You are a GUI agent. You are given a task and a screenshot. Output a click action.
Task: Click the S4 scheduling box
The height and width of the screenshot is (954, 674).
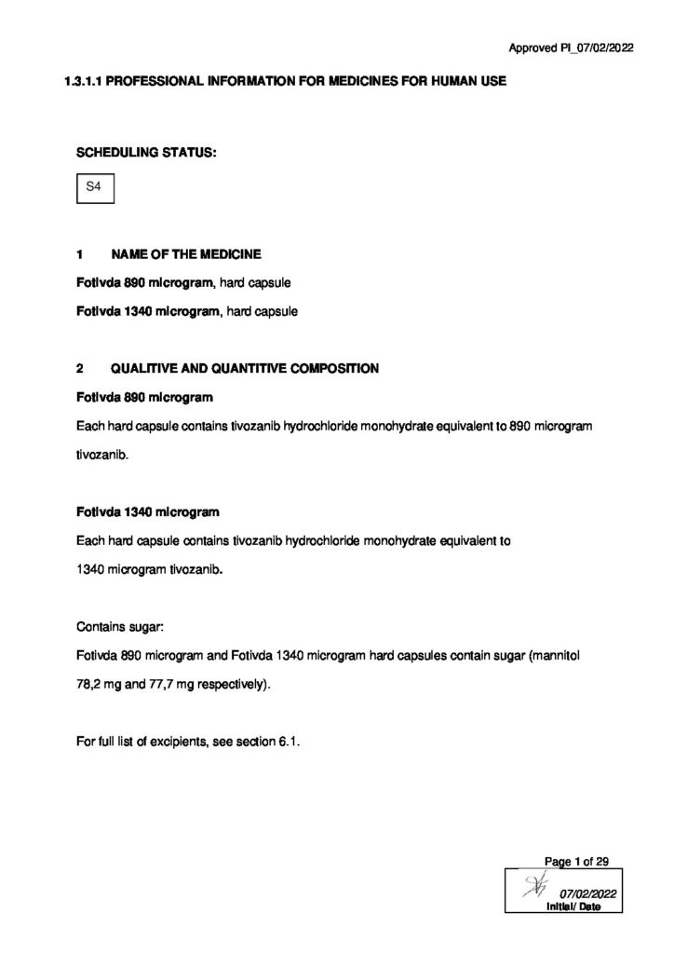[x=93, y=187]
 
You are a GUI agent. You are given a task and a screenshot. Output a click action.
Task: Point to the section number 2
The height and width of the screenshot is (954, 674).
[x=79, y=368]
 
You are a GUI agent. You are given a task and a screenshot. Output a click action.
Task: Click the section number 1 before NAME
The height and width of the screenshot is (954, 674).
[x=79, y=253]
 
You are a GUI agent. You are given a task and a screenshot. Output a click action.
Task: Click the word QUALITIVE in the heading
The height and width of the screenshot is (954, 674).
[x=148, y=368]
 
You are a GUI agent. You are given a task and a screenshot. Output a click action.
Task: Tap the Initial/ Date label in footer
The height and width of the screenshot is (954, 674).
[x=573, y=906]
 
